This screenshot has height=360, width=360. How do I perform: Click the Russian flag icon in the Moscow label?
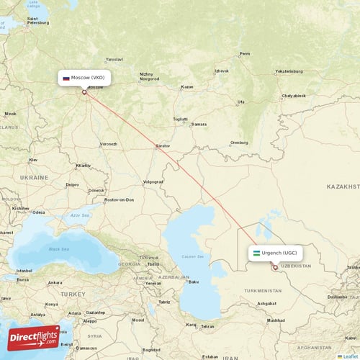[x=66, y=77]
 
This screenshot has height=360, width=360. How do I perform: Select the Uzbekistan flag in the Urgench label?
[x=256, y=253]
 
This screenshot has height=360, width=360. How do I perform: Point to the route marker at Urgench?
[x=275, y=267]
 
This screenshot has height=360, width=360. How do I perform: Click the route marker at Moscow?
[x=84, y=91]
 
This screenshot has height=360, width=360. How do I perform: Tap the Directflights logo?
[x=34, y=337]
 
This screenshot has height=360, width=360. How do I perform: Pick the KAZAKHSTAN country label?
[x=342, y=186]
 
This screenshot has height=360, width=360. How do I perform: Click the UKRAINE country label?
[x=34, y=177]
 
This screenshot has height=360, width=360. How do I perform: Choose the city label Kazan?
[x=187, y=86]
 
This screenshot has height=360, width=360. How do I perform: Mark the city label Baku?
[x=192, y=282]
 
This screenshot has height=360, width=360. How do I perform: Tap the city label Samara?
[x=199, y=124]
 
